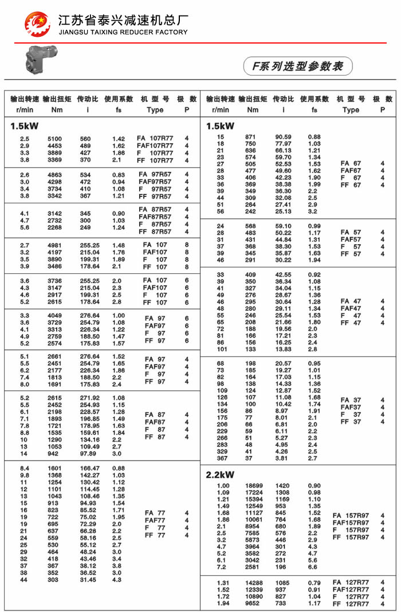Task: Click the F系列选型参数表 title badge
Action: pyautogui.click(x=298, y=66)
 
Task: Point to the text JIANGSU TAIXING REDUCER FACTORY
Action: pyautogui.click(x=123, y=32)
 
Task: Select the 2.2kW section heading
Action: pyautogui.click(x=220, y=474)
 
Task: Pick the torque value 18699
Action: pyautogui.click(x=254, y=486)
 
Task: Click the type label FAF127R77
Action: pyautogui.click(x=351, y=590)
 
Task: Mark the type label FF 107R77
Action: pyautogui.click(x=155, y=161)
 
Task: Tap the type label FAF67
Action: pyautogui.click(x=351, y=171)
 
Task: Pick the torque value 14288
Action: pyautogui.click(x=254, y=583)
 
